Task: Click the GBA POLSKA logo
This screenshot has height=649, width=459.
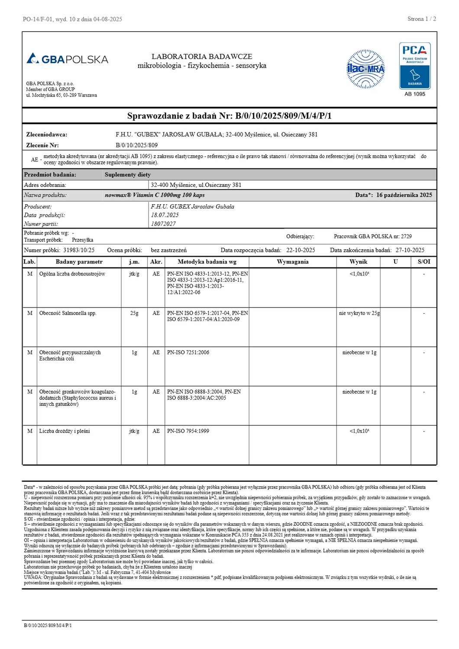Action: click(x=68, y=59)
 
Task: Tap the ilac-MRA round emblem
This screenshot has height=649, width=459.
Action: click(x=366, y=69)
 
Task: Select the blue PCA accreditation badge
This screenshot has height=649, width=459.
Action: click(x=415, y=66)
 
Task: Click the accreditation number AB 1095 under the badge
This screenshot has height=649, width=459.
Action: click(x=415, y=94)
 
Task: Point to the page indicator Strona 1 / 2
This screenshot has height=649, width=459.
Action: click(x=421, y=19)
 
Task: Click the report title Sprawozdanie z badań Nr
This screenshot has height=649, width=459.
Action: click(x=229, y=116)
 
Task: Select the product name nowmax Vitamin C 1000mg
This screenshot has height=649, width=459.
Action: click(x=155, y=195)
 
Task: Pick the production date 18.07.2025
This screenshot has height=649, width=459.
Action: click(x=165, y=215)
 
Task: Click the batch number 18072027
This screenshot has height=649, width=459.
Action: click(x=163, y=224)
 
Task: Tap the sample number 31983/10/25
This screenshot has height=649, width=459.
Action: click(x=79, y=250)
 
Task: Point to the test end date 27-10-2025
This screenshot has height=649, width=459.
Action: click(x=410, y=250)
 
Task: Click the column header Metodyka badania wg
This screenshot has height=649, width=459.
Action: click(x=207, y=262)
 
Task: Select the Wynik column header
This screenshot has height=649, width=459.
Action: click(x=358, y=262)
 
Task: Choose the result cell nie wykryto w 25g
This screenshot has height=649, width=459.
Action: click(x=359, y=313)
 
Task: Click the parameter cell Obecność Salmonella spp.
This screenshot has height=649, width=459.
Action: click(x=68, y=313)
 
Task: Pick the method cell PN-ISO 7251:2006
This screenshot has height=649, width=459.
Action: click(x=188, y=353)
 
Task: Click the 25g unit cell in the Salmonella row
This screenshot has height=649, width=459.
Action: click(x=134, y=313)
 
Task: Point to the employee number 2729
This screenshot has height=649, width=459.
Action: click(x=406, y=237)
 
